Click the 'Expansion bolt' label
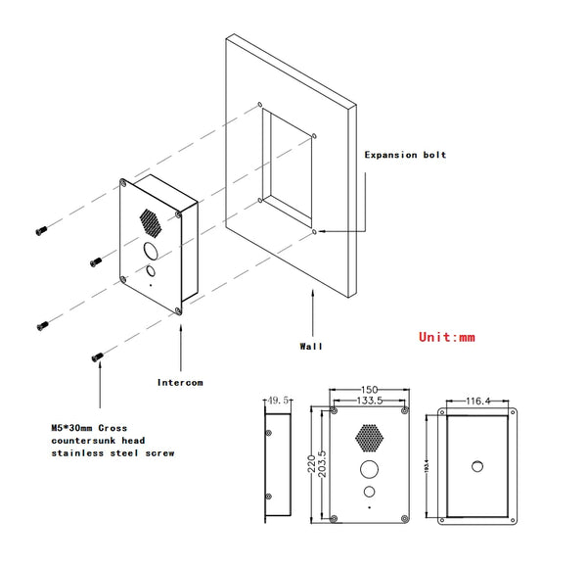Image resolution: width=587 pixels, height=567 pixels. (x=405, y=155)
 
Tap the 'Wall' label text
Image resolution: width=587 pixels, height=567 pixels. (x=311, y=346)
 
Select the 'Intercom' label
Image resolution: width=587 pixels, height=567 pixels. (x=180, y=381)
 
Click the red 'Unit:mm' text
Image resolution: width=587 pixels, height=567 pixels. (x=447, y=337)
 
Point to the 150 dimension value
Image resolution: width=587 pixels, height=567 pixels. (x=369, y=390)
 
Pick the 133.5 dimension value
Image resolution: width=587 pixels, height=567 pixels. (x=368, y=401)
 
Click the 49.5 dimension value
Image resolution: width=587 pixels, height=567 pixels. (x=281, y=401)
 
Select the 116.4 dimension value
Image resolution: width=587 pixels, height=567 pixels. (x=478, y=401)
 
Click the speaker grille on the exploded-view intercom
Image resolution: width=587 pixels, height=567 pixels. (x=151, y=217)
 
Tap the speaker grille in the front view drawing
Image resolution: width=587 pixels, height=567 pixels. (x=369, y=434)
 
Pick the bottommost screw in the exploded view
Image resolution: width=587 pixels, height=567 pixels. (x=97, y=357)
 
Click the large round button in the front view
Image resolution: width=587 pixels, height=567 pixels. (x=369, y=467)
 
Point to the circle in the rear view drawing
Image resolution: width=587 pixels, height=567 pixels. (x=479, y=465)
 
